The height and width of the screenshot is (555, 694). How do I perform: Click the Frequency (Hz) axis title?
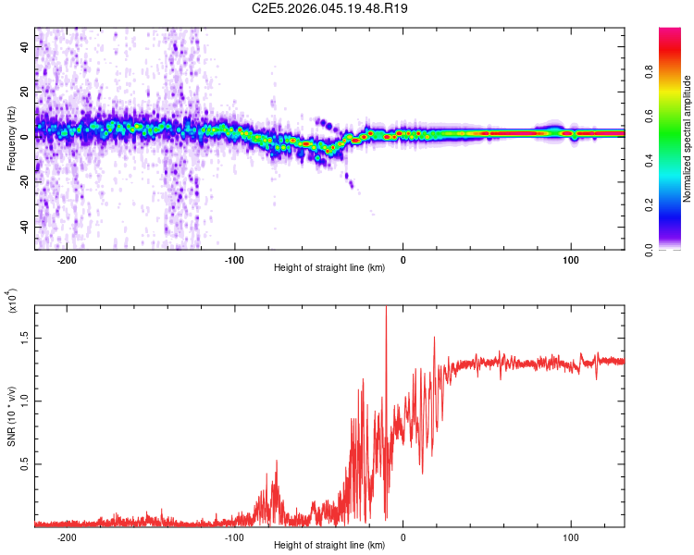(11, 140)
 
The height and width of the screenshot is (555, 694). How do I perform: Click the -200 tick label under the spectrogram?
(67, 260)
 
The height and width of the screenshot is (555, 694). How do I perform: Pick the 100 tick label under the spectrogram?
(571, 260)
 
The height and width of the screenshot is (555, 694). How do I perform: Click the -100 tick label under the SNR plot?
(234, 537)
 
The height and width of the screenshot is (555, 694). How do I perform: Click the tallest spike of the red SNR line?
(386, 309)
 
